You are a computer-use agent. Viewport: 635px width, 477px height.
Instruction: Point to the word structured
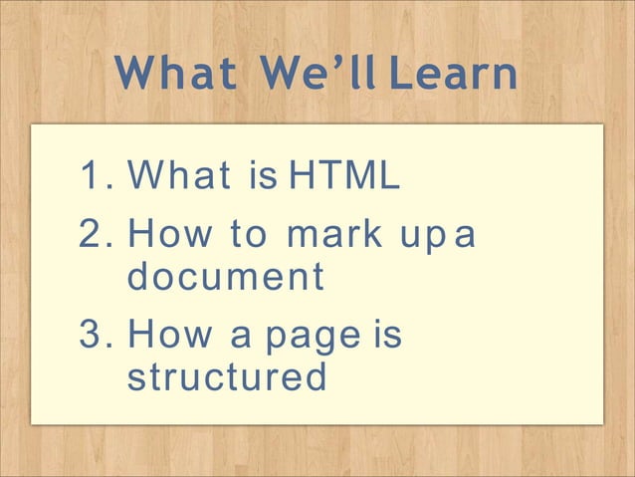(x=227, y=377)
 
